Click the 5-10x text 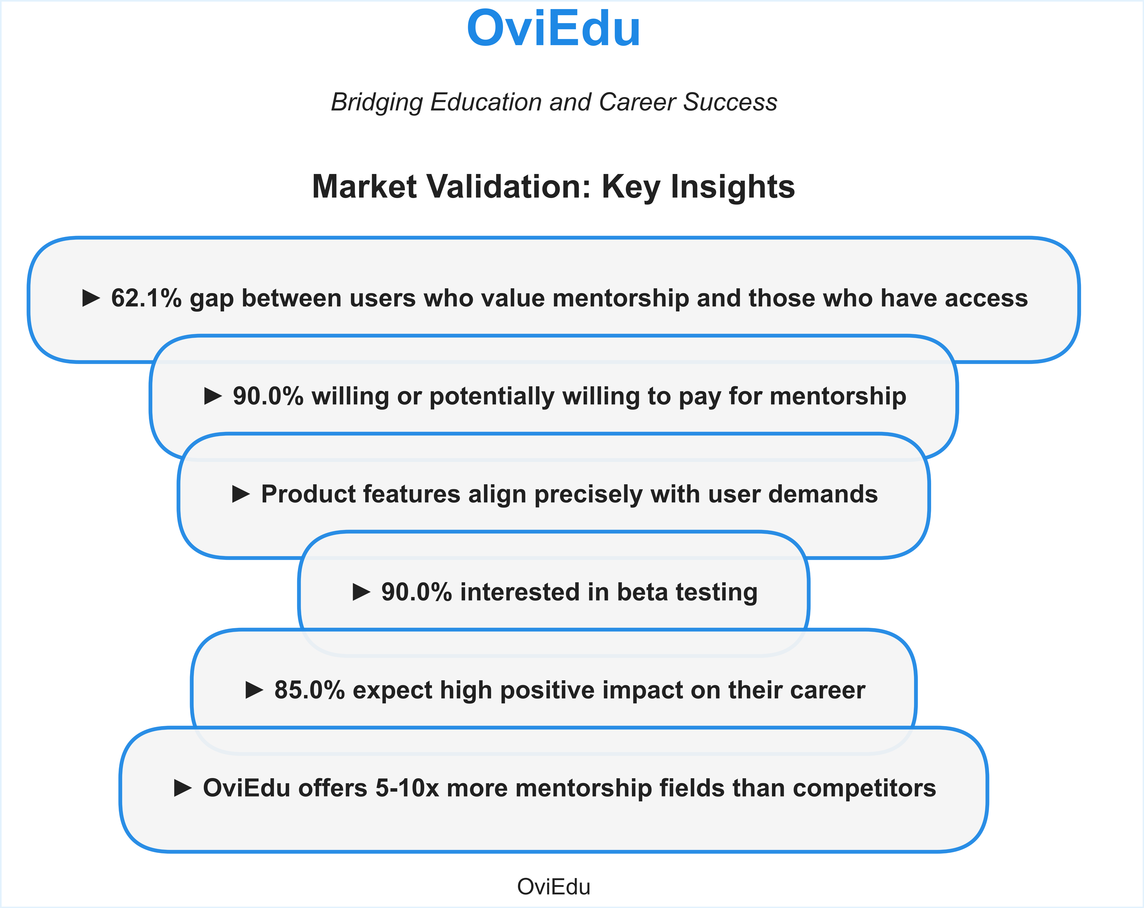pos(407,788)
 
